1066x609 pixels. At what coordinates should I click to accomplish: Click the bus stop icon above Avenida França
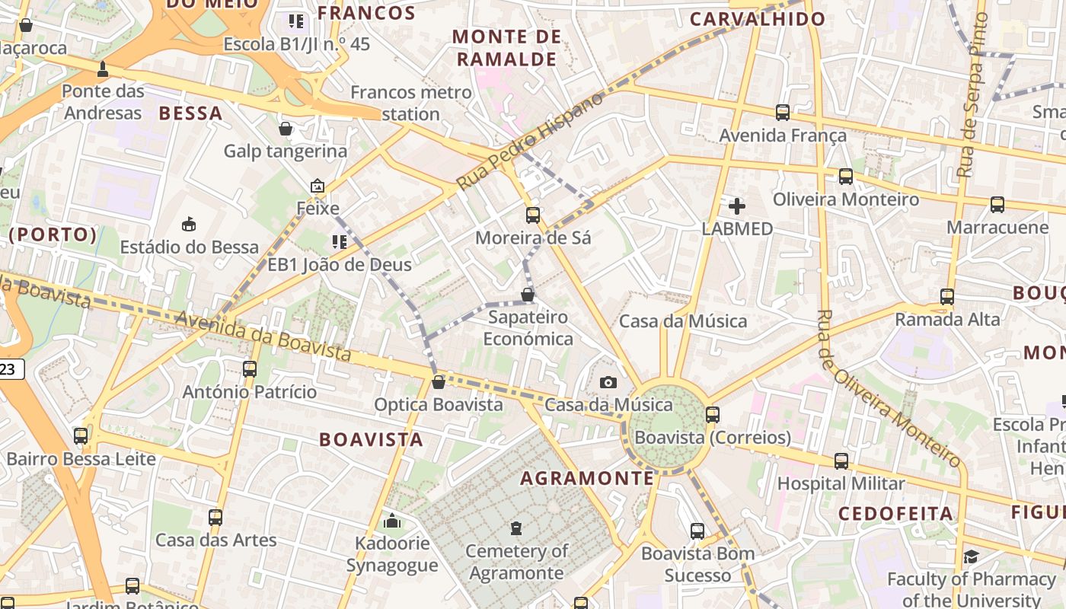pyautogui.click(x=782, y=113)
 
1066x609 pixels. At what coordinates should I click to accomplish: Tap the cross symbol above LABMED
pyautogui.click(x=736, y=206)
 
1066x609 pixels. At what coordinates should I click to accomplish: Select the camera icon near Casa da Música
pyautogui.click(x=608, y=382)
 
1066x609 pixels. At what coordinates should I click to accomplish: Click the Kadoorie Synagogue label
pyautogui.click(x=392, y=554)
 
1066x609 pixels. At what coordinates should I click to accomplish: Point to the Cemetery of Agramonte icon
pyautogui.click(x=516, y=528)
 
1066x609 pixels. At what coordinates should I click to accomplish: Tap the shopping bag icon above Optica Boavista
pyautogui.click(x=438, y=381)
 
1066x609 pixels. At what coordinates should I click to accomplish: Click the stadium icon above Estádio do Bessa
pyautogui.click(x=189, y=224)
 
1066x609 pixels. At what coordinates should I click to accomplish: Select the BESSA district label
pyautogui.click(x=190, y=113)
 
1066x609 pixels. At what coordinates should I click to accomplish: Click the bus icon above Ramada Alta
pyautogui.click(x=946, y=296)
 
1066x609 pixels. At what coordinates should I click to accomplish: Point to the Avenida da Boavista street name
pyautogui.click(x=263, y=335)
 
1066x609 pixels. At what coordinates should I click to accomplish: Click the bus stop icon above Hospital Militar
pyautogui.click(x=841, y=461)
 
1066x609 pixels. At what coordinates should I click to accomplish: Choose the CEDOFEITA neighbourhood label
pyautogui.click(x=895, y=514)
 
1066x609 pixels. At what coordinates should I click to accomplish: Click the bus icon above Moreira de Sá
pyautogui.click(x=532, y=215)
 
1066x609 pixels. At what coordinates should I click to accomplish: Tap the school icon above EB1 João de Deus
pyautogui.click(x=339, y=242)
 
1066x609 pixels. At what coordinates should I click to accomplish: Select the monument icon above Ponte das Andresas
pyautogui.click(x=102, y=69)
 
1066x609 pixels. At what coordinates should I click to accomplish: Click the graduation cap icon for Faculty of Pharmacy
pyautogui.click(x=970, y=556)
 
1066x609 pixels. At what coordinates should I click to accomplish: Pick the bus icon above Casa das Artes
pyautogui.click(x=215, y=518)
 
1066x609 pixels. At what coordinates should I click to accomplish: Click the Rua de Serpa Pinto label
pyautogui.click(x=972, y=95)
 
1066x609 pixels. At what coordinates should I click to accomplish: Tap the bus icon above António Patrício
pyautogui.click(x=249, y=369)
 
